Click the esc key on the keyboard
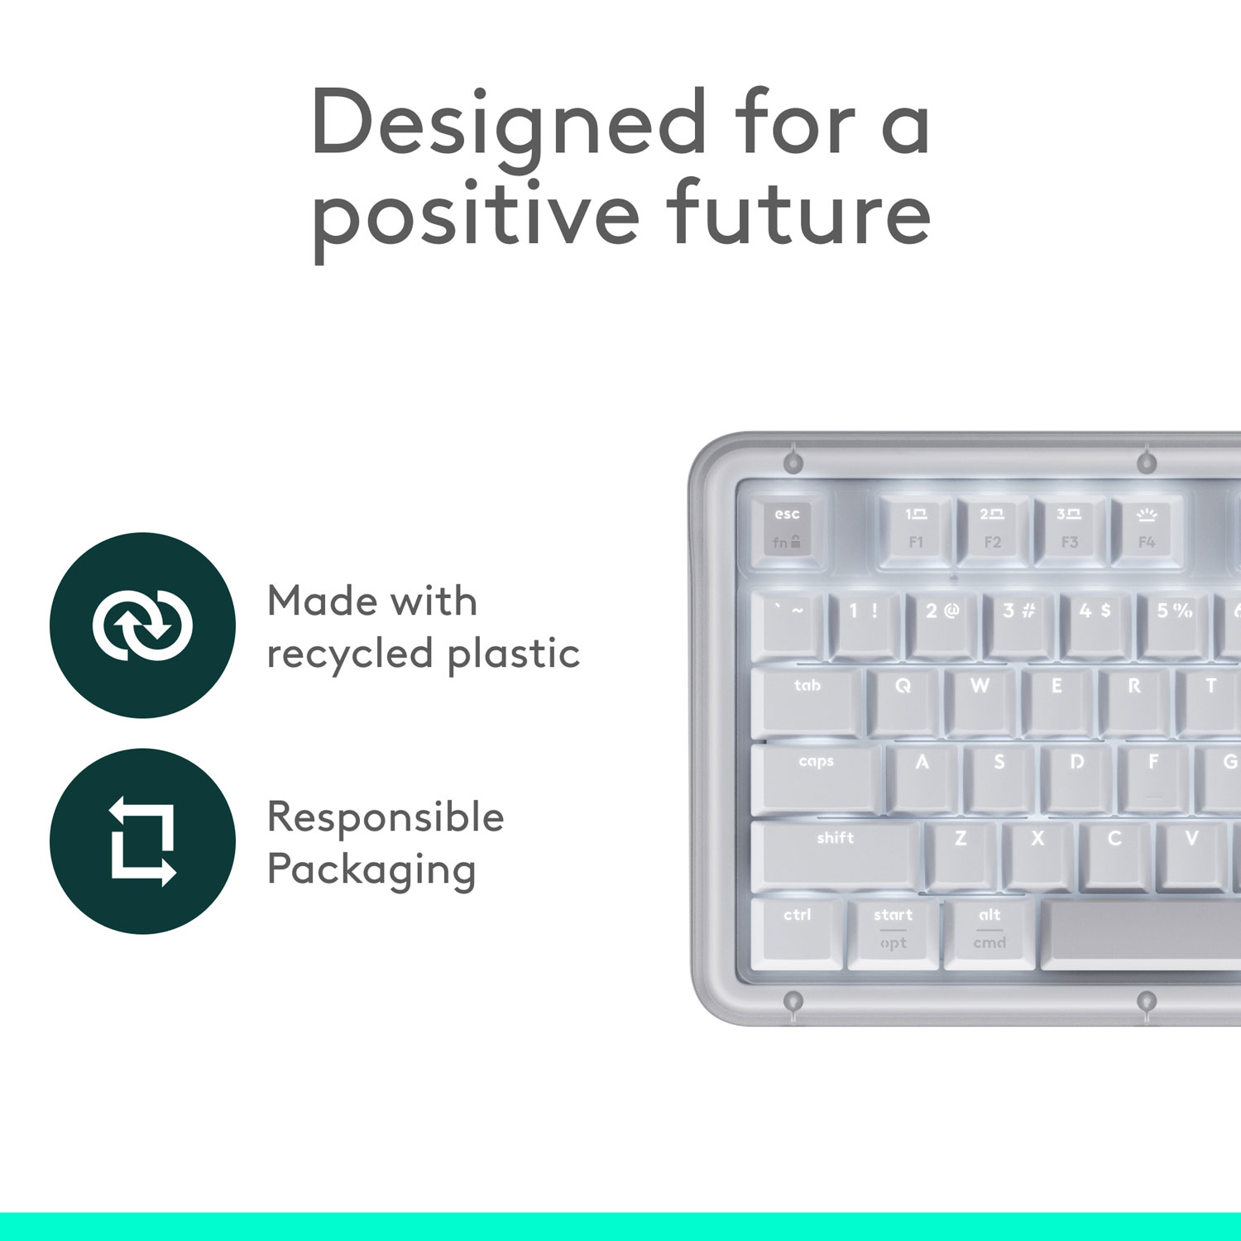787,529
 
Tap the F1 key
915,529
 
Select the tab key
807,700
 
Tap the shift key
836,853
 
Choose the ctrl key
798,930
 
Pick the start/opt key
894,930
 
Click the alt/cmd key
989,930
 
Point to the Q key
903,700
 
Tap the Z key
961,853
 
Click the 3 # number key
1018,625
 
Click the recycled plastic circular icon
142,625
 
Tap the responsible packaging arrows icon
142,841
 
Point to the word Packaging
371,870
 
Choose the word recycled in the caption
350,654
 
